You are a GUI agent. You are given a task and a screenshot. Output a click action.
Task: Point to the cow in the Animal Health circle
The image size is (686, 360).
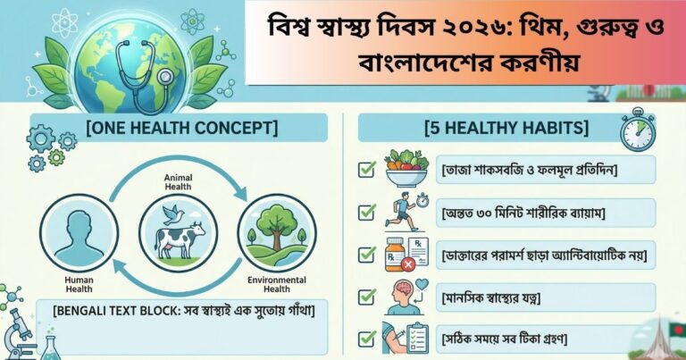(x=180, y=238)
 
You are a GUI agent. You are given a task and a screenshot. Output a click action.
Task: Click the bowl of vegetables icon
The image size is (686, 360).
(x=406, y=168)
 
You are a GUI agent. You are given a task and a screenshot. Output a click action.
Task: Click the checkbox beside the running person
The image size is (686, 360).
(x=366, y=212)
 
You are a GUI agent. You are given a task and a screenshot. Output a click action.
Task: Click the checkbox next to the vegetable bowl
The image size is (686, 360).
(x=366, y=169)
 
